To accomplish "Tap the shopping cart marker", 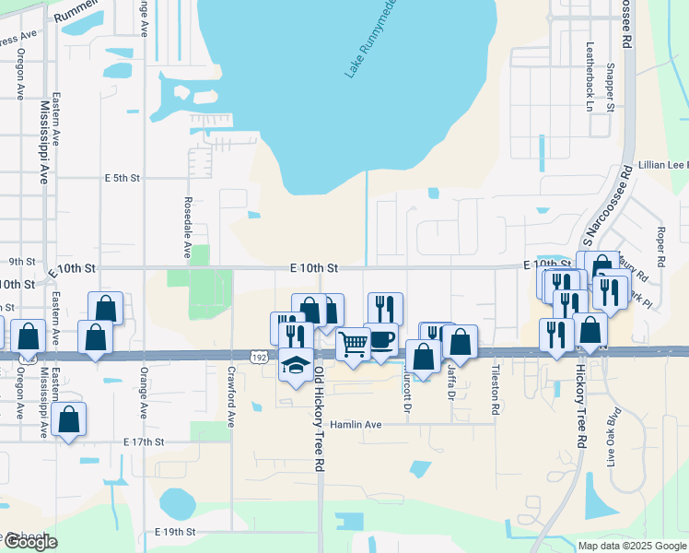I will pos(354,345).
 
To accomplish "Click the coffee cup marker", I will pos(381,340).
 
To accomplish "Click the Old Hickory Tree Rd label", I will pos(319,419).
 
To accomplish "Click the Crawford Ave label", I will pos(230,396).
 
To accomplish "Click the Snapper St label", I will pos(610,88).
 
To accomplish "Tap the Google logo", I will pos(29,542).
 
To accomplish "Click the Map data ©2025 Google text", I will pos(631,546).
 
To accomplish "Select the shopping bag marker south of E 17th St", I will pos(69,420).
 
